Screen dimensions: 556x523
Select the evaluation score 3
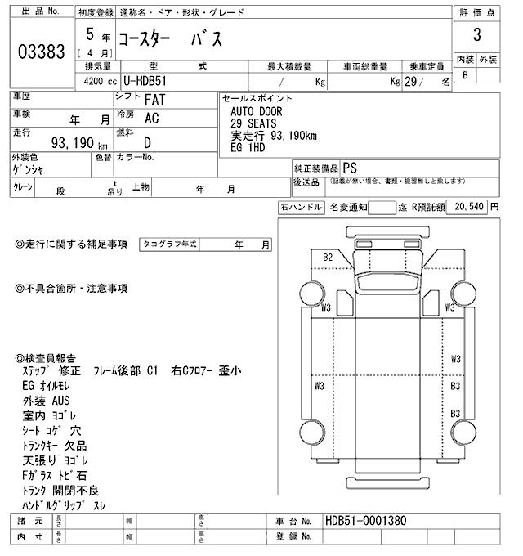(476, 36)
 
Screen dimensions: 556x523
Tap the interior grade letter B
(465, 76)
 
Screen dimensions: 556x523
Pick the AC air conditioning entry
(151, 119)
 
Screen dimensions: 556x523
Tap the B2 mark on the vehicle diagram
(328, 258)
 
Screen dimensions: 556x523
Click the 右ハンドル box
(301, 208)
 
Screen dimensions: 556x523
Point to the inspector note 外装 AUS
(47, 401)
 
